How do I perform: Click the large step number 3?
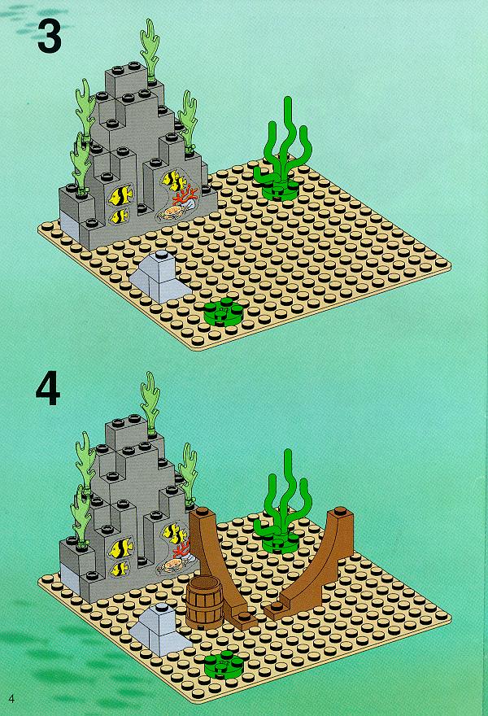pyautogui.click(x=50, y=37)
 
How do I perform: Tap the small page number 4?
pyautogui.click(x=11, y=698)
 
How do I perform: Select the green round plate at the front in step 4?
pyautogui.click(x=224, y=665)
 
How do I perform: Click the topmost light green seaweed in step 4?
pyautogui.click(x=150, y=402)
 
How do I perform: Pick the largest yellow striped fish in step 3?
pyautogui.click(x=121, y=195)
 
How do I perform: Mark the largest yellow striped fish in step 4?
pyautogui.click(x=121, y=548)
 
